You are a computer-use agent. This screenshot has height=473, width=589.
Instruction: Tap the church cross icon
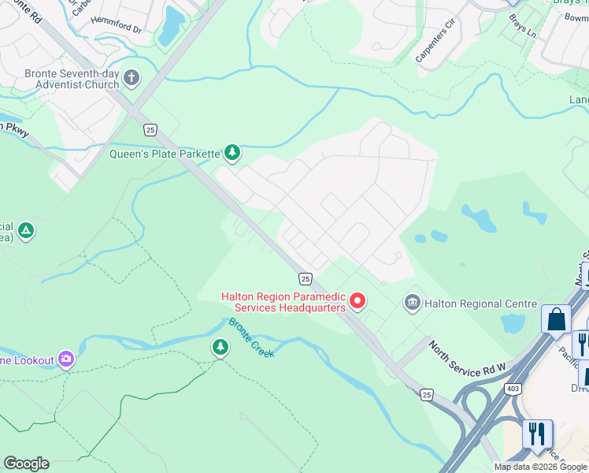pos(132,77)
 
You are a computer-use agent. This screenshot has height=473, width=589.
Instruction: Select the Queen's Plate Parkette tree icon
pos(232,151)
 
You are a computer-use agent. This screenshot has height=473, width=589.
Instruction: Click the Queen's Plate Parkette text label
pos(164,154)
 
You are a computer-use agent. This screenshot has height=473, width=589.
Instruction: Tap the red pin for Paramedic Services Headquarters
pos(357,300)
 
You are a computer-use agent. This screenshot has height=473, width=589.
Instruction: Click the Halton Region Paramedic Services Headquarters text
pos(283,302)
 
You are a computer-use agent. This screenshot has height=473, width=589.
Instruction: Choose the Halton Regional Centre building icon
pos(411,303)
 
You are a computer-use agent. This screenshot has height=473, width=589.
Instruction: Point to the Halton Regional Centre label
pos(480,304)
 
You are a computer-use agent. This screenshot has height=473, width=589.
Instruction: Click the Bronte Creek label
pos(251,338)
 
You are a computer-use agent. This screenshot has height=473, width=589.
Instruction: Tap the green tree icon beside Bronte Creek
pos(220,347)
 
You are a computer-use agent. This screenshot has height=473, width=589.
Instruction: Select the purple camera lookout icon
pos(66,359)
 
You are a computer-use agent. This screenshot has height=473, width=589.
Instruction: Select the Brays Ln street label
pos(521,28)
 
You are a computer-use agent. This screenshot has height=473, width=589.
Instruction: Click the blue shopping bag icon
pos(556,319)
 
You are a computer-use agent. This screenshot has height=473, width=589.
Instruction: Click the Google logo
pos(26,464)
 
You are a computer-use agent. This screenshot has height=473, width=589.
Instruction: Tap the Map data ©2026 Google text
pos(540,467)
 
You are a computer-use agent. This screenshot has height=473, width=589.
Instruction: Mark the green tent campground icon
pos(26,231)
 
